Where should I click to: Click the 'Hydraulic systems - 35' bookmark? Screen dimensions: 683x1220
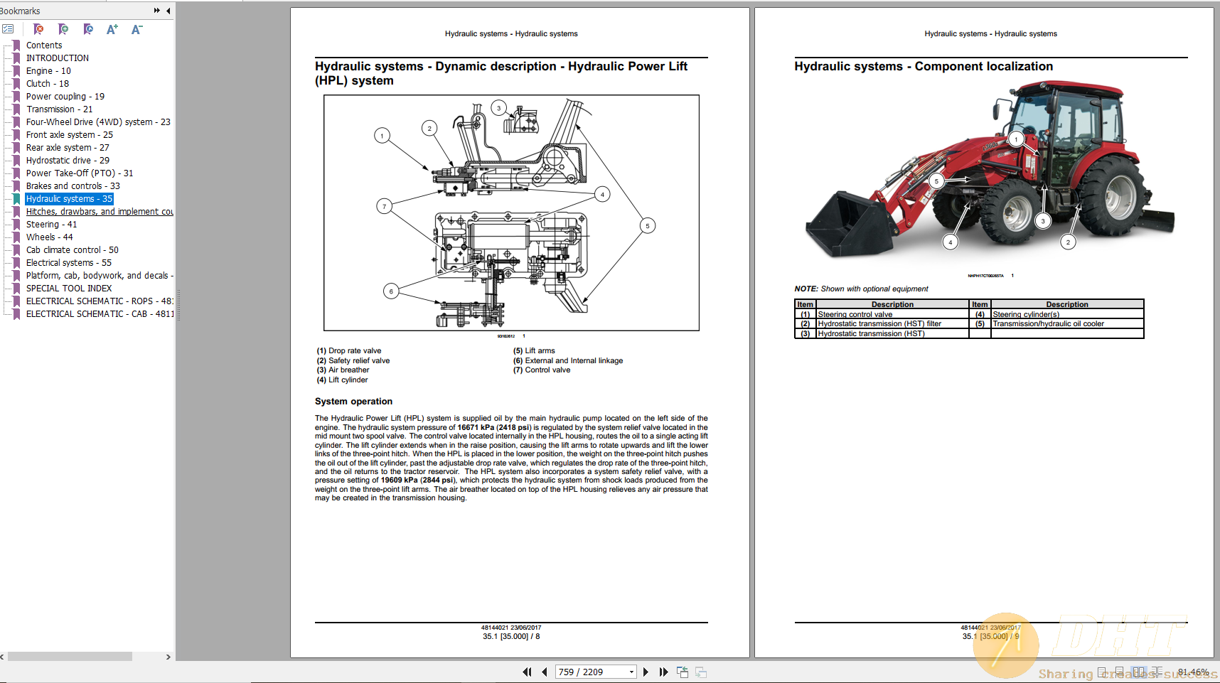coord(69,199)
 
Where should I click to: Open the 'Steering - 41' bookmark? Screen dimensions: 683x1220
coord(51,225)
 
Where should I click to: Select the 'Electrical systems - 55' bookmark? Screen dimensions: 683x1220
coord(68,263)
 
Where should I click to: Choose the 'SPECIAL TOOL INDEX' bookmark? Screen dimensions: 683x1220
coord(69,289)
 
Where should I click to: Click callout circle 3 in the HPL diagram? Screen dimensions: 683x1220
coord(498,108)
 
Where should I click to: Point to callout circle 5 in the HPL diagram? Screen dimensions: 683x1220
coord(647,226)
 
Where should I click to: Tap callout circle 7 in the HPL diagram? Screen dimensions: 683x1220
coord(384,207)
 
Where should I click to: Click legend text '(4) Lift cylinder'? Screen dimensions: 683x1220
coord(343,380)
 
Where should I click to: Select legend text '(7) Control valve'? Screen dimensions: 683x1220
coord(542,370)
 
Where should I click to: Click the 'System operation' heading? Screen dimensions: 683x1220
coord(353,402)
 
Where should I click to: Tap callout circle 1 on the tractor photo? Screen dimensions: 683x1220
coord(1017,139)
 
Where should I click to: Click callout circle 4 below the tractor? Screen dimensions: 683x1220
coord(950,242)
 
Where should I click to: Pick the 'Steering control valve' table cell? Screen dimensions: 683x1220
coord(855,314)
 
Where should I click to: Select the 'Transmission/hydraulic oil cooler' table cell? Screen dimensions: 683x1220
coord(1048,324)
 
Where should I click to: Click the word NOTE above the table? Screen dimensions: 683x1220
coord(806,289)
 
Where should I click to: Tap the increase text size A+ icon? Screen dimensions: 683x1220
coord(112,29)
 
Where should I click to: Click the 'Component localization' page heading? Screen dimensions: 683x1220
coord(983,66)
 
